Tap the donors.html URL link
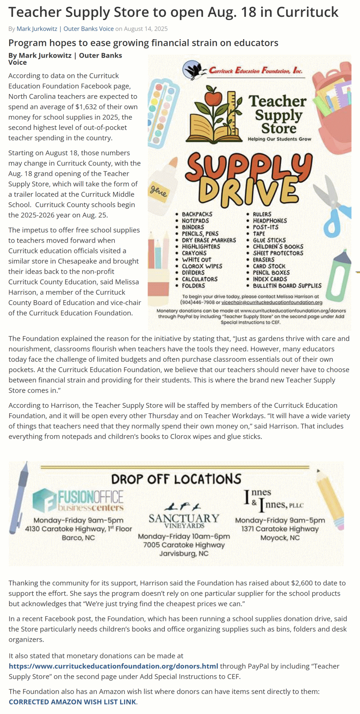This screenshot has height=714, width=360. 114,666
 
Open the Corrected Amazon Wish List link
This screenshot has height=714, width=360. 72,702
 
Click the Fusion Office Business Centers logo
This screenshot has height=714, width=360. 78,500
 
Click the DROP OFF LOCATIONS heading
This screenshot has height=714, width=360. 176,479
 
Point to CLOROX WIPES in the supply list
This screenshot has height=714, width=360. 202,266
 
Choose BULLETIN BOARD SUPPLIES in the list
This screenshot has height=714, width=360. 287,286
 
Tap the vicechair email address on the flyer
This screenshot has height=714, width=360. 272,303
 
